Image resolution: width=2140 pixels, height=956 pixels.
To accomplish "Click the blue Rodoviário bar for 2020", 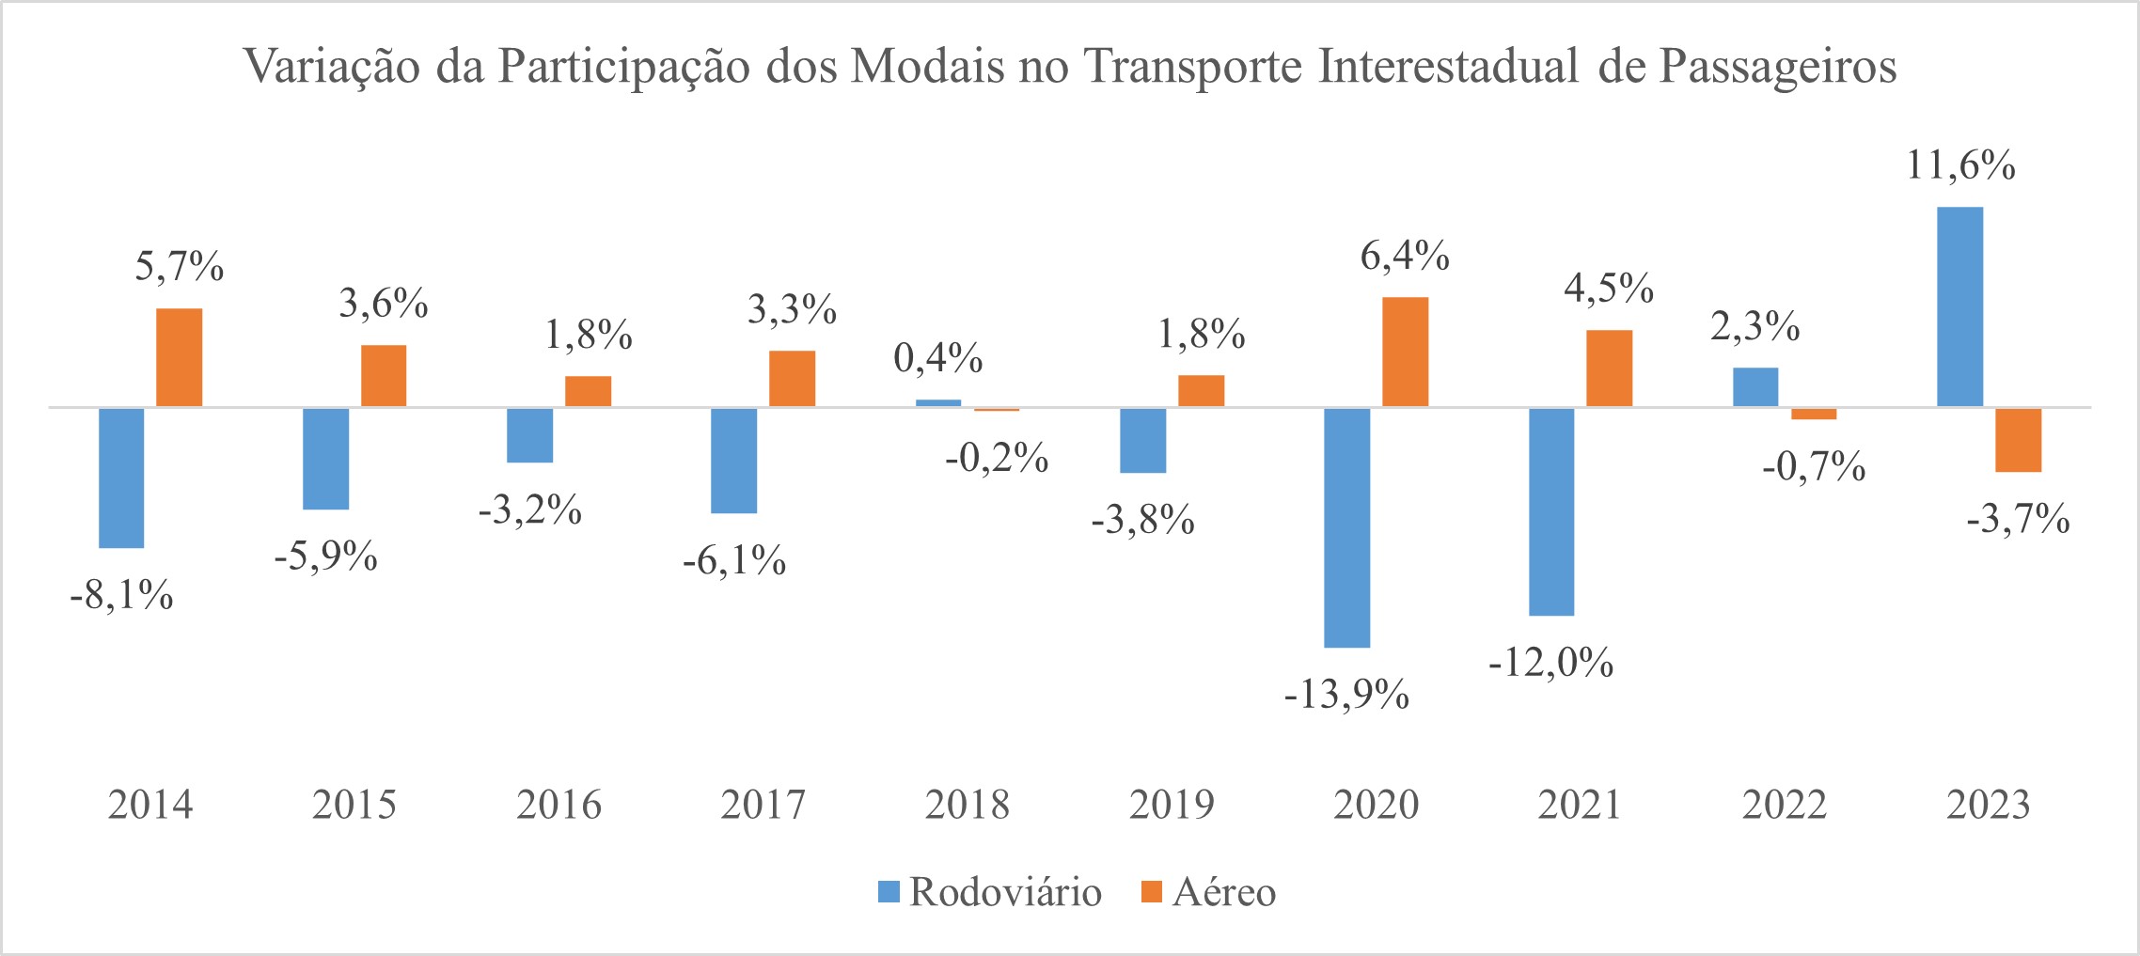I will [1346, 527].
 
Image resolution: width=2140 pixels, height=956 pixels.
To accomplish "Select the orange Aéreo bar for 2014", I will [179, 358].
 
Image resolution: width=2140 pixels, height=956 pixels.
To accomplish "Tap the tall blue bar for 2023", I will [1959, 307].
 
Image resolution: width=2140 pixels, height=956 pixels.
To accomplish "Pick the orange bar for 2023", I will [2018, 440].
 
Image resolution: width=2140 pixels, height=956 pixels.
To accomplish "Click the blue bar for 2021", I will [1551, 511].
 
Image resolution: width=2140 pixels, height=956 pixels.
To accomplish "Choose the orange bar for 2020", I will [1405, 353].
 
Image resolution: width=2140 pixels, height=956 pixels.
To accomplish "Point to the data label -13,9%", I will [1346, 696].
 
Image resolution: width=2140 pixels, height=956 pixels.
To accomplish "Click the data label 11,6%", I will [1960, 166].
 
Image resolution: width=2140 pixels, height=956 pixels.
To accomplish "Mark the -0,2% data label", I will [997, 459].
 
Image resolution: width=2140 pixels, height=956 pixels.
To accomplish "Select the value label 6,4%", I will [1405, 256].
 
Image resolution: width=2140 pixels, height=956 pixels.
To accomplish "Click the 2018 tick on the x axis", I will [967, 806].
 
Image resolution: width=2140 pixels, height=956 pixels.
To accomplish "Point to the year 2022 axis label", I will [1784, 806].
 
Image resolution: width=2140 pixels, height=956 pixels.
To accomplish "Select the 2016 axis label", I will [559, 806].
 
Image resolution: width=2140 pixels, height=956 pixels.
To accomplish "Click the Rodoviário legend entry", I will [989, 891].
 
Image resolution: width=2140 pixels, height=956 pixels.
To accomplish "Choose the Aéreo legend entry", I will [1208, 891].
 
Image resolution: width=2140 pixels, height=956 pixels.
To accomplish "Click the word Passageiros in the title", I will [1777, 68].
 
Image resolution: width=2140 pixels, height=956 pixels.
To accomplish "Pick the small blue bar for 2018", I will [938, 403].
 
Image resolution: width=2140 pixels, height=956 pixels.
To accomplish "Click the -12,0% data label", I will [1551, 664].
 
